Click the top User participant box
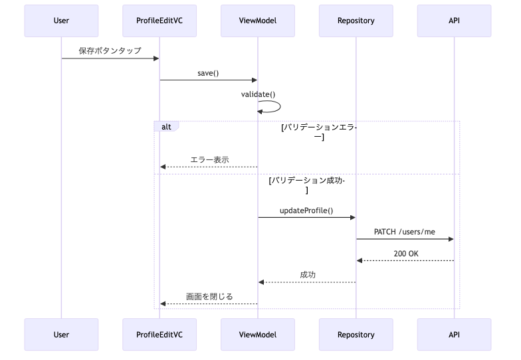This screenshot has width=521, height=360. [x=61, y=21]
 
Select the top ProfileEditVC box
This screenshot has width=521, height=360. [x=159, y=21]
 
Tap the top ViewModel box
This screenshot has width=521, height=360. [x=258, y=21]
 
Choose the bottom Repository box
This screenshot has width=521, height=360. [x=356, y=335]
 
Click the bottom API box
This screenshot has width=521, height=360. [x=455, y=335]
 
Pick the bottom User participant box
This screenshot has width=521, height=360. [x=61, y=335]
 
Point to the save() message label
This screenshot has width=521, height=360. [x=208, y=73]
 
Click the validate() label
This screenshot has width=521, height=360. [x=258, y=94]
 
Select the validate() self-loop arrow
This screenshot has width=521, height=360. [x=280, y=106]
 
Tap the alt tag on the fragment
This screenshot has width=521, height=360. [x=166, y=126]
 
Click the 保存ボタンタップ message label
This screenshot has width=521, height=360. [x=110, y=50]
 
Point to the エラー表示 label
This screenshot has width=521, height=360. [x=210, y=159]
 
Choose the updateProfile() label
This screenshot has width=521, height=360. [x=306, y=211]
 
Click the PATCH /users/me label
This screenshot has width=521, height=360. [x=405, y=232]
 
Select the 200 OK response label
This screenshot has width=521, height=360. [x=406, y=254]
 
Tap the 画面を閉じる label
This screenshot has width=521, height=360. [x=209, y=296]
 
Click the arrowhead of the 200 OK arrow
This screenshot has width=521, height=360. [x=359, y=260]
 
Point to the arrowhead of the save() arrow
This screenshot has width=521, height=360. [x=255, y=80]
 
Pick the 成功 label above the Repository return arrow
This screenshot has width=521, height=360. [x=308, y=275]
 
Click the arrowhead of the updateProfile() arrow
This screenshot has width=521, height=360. [x=353, y=218]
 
